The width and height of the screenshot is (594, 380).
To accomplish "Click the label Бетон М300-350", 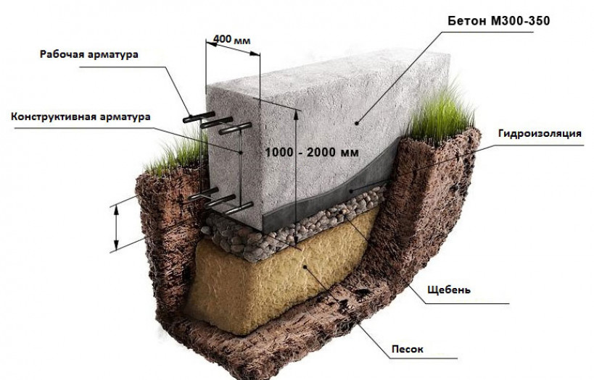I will (x=498, y=22).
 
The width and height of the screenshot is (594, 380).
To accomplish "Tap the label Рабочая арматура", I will (x=100, y=54).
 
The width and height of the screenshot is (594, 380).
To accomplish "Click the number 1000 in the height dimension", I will (x=279, y=152).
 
